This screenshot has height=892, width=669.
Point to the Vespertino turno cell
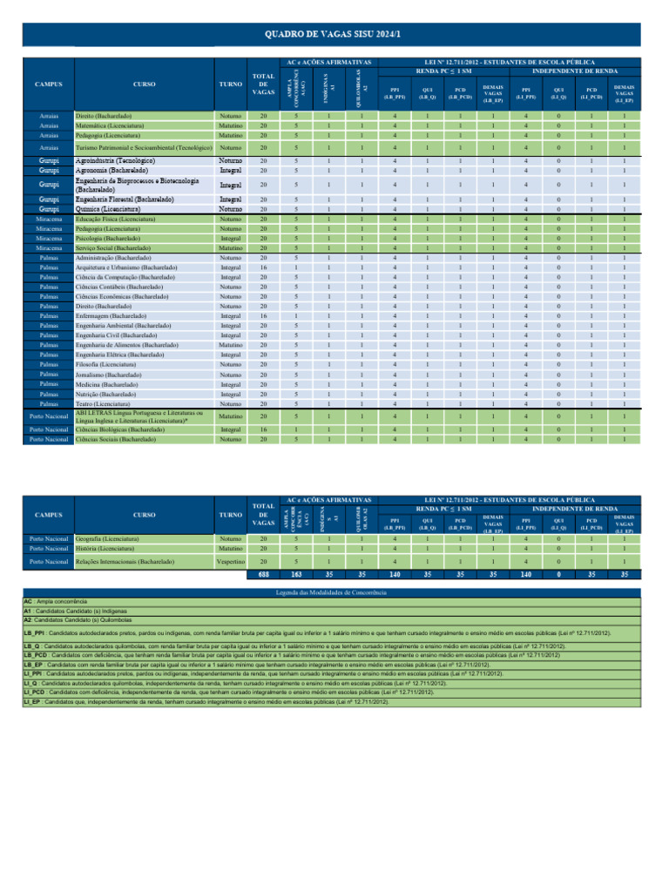tap(230, 562)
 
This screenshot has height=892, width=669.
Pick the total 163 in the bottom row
tap(296, 575)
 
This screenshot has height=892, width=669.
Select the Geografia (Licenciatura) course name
tap(111, 539)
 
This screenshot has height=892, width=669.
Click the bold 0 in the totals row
tap(557, 575)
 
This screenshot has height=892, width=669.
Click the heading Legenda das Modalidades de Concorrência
tap(334, 592)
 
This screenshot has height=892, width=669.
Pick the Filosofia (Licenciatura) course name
tap(109, 364)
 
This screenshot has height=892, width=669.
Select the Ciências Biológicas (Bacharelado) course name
tap(119, 429)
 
